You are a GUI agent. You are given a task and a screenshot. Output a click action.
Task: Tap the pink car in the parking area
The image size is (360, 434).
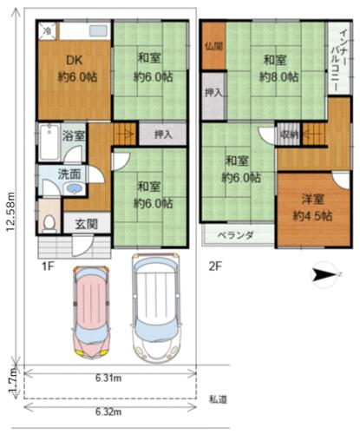click(91, 312)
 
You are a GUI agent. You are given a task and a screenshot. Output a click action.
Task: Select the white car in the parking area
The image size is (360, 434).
click(156, 308)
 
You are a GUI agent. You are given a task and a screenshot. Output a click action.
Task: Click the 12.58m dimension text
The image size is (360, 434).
click(11, 212)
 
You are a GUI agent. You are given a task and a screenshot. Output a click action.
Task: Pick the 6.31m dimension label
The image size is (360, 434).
click(108, 378)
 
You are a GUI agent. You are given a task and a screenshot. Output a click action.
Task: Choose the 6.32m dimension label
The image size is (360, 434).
click(108, 411)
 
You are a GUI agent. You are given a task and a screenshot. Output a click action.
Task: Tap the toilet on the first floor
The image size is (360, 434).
click(49, 224)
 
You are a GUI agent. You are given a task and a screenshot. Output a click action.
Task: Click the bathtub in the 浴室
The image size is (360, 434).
click(49, 141)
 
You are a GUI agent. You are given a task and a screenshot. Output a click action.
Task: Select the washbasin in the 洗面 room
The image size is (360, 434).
click(75, 188)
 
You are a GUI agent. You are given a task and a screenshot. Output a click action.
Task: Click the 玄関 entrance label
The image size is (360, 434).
click(87, 224)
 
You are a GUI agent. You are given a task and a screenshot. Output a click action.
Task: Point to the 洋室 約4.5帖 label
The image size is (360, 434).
click(312, 207)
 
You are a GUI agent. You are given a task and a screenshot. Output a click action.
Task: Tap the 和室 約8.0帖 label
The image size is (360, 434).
click(279, 69)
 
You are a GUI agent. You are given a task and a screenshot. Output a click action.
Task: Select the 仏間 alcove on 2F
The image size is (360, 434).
click(213, 46)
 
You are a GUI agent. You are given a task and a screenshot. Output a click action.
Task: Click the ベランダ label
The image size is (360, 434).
click(236, 235)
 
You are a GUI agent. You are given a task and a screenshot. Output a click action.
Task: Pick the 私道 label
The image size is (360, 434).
click(218, 399)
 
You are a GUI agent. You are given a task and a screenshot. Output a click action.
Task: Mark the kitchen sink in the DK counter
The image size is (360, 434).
click(98, 30)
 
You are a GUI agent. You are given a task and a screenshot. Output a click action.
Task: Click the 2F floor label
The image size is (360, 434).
click(215, 266)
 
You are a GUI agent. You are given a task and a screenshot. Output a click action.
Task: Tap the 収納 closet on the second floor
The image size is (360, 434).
click(289, 135)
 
